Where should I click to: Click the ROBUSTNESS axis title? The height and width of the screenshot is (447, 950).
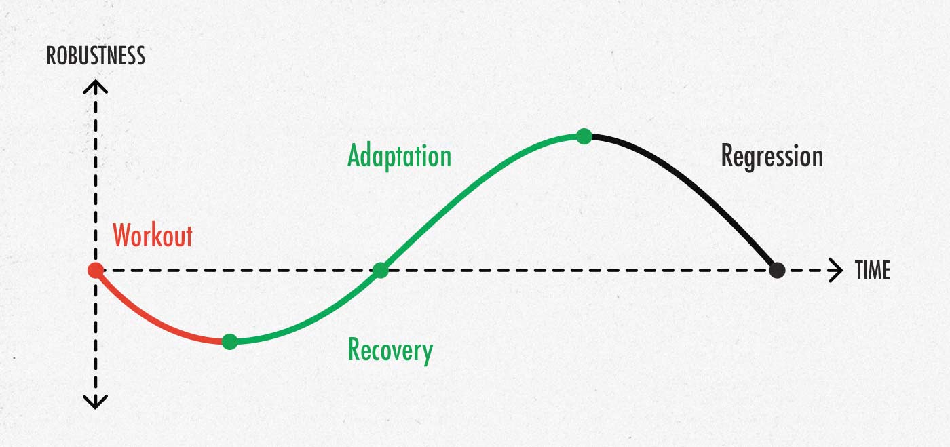tap(96, 56)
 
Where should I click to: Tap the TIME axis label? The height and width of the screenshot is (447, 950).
tap(873, 270)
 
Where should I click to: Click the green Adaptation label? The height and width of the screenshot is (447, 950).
tap(399, 157)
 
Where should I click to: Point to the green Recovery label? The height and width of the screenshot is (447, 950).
tap(390, 351)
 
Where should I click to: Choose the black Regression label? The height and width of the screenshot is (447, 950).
tap(772, 157)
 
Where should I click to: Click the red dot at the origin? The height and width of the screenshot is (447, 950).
tap(96, 270)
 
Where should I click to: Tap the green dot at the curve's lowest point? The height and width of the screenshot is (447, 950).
tap(230, 341)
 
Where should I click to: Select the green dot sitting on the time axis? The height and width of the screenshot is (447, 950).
tap(381, 270)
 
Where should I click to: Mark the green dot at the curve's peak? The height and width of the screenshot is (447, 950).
tap(584, 136)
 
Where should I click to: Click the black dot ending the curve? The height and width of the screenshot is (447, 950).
tap(777, 270)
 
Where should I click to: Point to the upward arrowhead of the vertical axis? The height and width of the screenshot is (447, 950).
tap(96, 87)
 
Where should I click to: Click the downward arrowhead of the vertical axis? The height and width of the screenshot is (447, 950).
tap(96, 402)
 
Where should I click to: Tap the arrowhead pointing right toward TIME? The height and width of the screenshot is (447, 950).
tap(836, 270)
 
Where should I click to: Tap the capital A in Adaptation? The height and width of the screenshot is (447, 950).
tap(354, 155)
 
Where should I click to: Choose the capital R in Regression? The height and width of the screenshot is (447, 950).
tap(727, 155)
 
